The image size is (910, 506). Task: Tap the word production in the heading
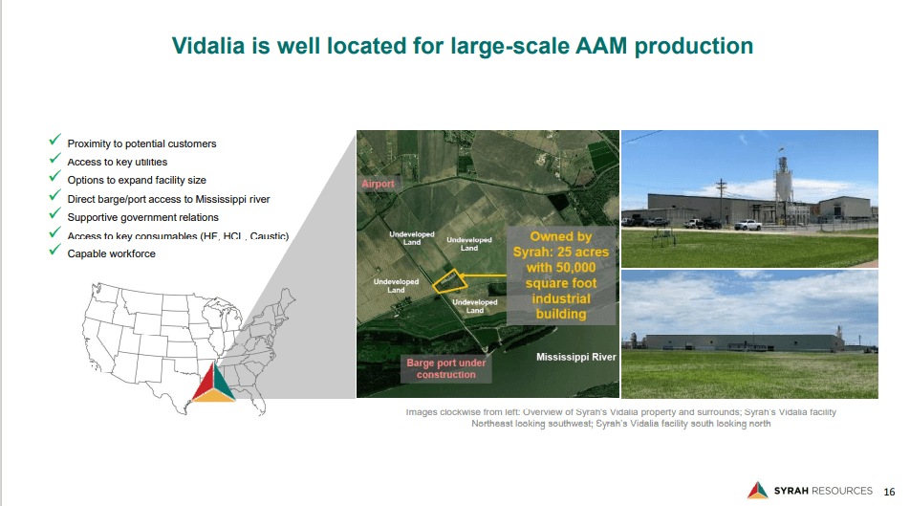[x=695, y=45]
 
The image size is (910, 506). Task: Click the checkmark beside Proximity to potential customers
[x=55, y=142]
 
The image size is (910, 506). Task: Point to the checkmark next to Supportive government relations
[x=55, y=215]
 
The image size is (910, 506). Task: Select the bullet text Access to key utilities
[x=117, y=162]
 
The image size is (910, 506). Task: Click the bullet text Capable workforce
[x=111, y=253]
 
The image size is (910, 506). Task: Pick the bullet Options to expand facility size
[x=136, y=180]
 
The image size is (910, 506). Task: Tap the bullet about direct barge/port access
[x=168, y=199]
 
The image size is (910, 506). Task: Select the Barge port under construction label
[x=445, y=368]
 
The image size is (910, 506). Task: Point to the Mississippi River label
[x=575, y=358]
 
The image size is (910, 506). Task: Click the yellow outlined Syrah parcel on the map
[x=447, y=279]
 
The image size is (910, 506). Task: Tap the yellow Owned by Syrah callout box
[x=560, y=275]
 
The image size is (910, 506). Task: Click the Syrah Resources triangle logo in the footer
[x=757, y=490]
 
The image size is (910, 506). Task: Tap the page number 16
[x=889, y=491]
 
